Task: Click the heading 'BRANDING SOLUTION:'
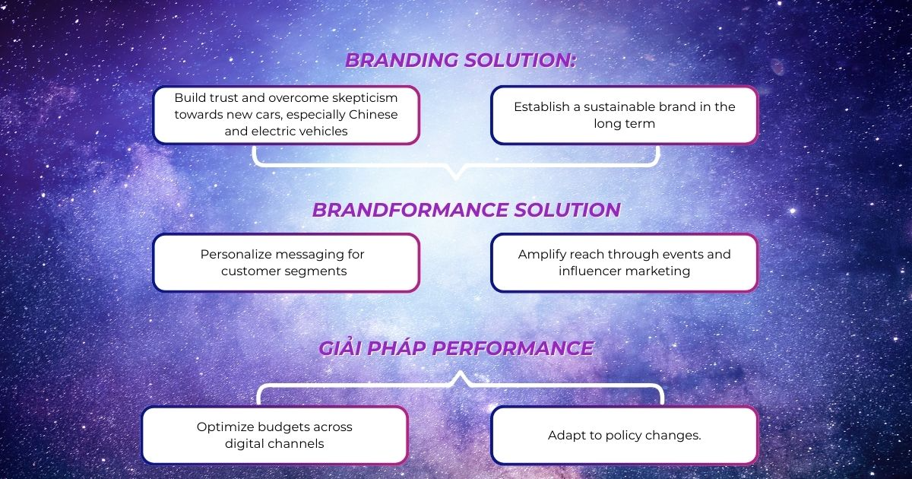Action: (461, 60)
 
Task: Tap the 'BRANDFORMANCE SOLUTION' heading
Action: (466, 210)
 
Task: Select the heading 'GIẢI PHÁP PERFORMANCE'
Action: (456, 349)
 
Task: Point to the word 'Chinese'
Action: (373, 115)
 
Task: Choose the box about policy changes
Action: (624, 435)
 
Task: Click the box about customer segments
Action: (287, 263)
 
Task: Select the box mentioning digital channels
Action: (275, 435)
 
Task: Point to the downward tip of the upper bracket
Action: (456, 179)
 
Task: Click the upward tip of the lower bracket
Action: (460, 372)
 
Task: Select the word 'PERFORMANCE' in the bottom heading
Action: (512, 349)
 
